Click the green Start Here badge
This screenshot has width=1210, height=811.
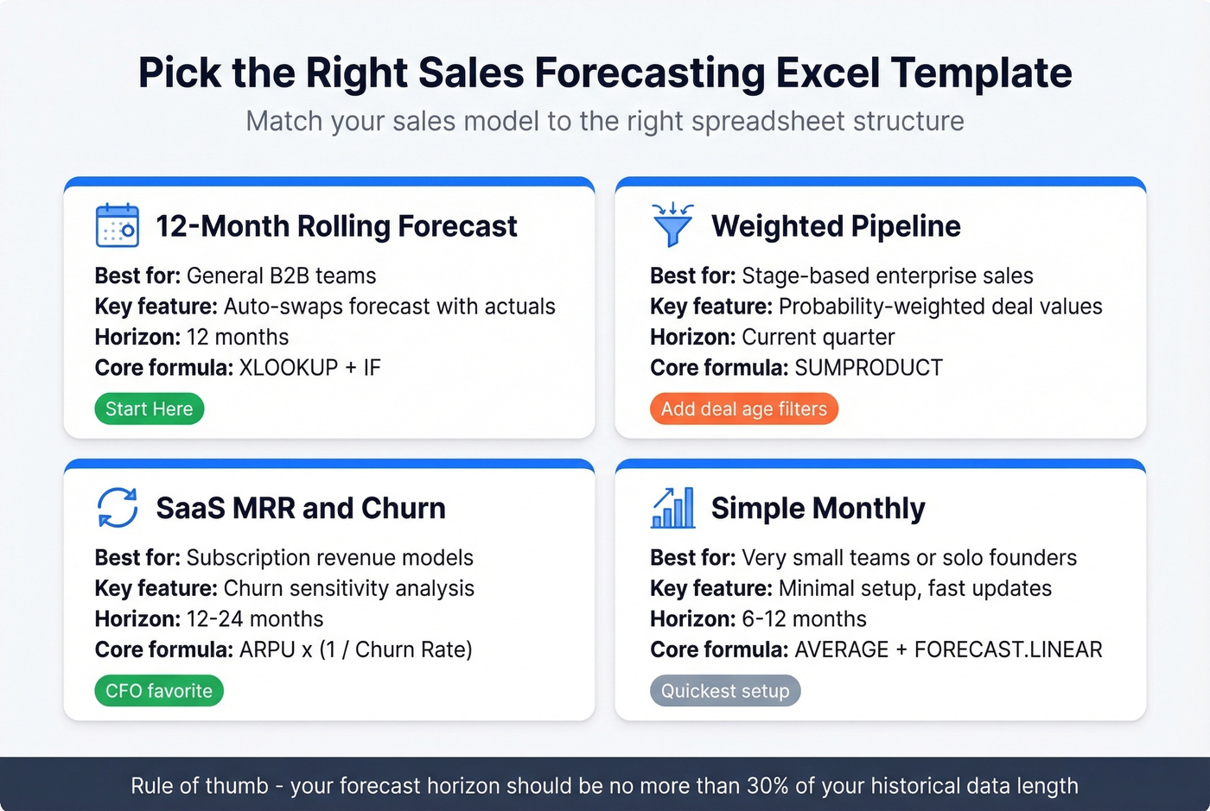[x=149, y=409]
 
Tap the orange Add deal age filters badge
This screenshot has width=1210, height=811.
[x=743, y=409]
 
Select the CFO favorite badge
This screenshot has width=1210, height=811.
[x=158, y=691]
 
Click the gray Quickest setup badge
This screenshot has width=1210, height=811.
[x=724, y=691]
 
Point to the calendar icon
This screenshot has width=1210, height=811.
[x=117, y=226]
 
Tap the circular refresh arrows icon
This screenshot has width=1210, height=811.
[x=117, y=508]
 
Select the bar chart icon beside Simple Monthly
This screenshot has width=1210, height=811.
[x=672, y=508]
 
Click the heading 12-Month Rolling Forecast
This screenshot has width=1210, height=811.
[x=336, y=226]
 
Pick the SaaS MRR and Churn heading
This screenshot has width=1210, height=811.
[x=301, y=508]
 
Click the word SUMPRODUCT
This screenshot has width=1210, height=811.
[x=868, y=368]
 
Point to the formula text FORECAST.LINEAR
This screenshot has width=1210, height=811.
[x=1008, y=649]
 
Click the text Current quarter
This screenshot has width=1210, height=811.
[x=818, y=337]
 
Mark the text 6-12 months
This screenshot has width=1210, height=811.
[x=804, y=619]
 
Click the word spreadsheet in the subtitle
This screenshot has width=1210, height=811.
[x=751, y=121]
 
